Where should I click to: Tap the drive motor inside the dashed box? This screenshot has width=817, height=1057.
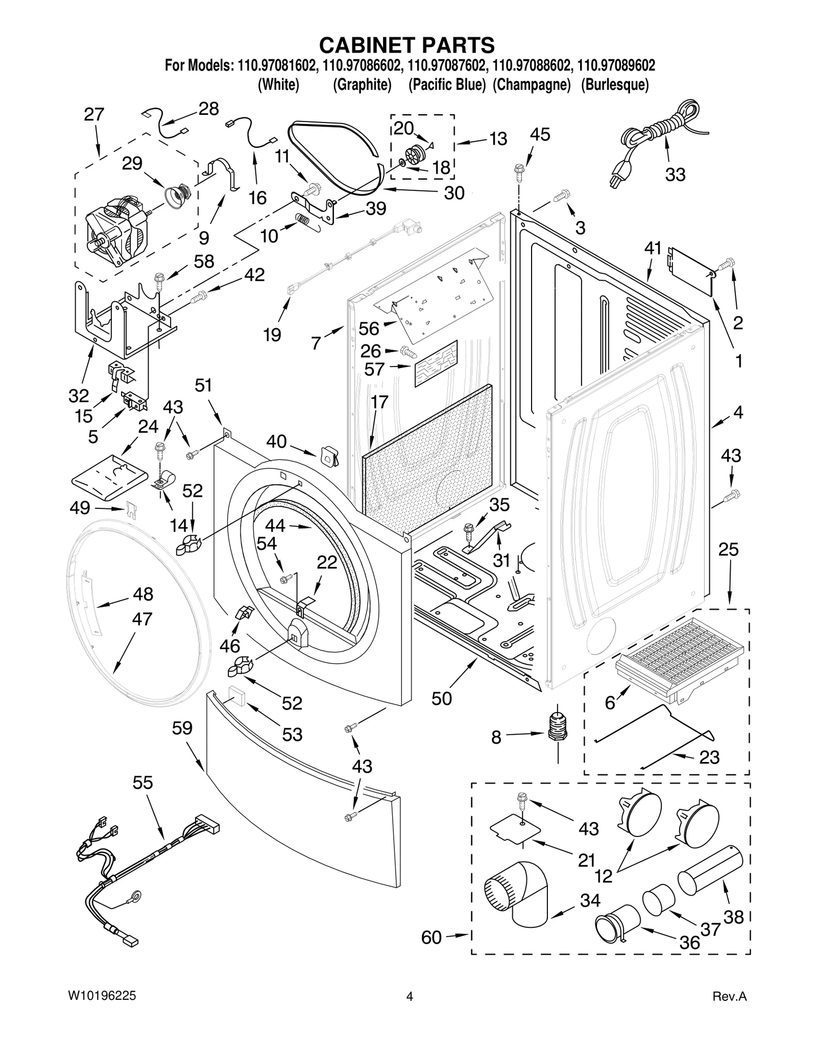115,230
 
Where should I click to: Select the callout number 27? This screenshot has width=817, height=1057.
94,114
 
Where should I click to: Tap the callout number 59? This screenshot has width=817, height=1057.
182,728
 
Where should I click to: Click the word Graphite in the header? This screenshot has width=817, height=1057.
362,85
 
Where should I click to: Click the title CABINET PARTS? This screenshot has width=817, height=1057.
407,45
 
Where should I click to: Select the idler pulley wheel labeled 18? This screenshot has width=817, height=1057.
414,154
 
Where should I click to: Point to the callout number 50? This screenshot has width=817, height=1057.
441,698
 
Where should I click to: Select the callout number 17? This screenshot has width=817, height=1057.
379,402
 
